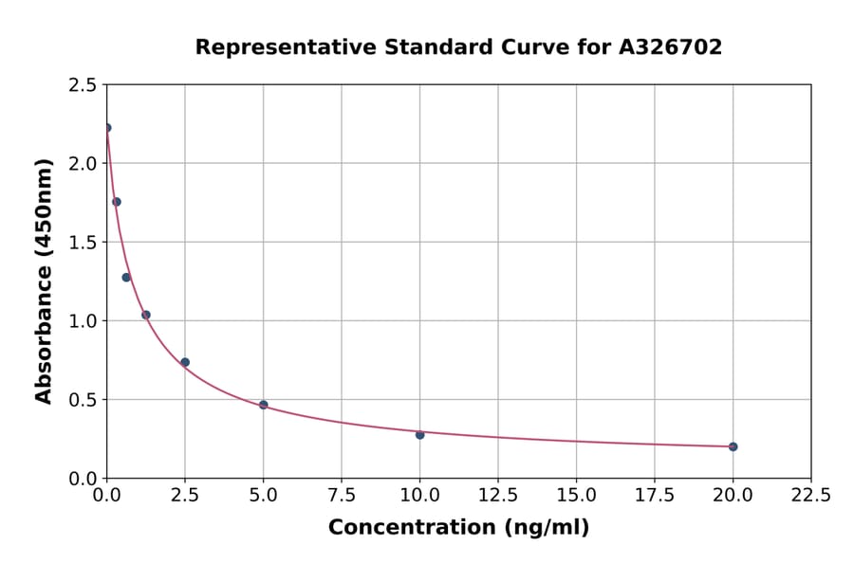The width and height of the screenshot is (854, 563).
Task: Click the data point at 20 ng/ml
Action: pos(733,446)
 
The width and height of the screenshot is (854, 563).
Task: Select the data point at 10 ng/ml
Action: pos(419,434)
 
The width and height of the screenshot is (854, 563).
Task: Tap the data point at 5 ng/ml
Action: pos(263,405)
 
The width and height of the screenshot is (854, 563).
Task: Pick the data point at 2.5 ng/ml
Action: pos(185,362)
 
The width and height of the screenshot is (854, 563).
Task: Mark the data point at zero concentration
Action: pos(107,128)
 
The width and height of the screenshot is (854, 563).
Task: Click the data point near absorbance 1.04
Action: pos(146,315)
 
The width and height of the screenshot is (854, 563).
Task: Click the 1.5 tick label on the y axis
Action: pos(82,243)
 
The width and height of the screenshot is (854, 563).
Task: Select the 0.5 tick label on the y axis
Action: pos(82,400)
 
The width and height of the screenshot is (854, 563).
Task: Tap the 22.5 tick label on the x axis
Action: pos(810,496)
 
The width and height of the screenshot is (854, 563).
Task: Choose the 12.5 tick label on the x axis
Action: pos(497,496)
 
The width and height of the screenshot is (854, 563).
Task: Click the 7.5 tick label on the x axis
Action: pos(342,496)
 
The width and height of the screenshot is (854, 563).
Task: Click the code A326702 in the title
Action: pos(671,47)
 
